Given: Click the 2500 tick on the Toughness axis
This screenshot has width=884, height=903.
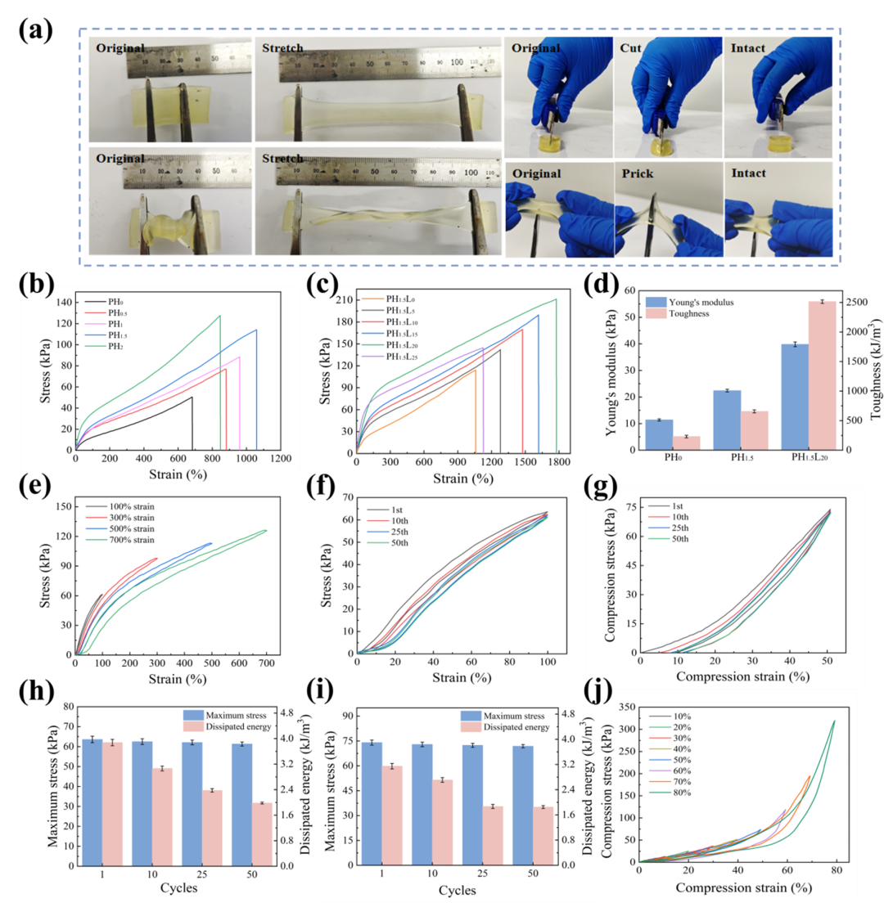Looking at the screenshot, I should coord(859,303).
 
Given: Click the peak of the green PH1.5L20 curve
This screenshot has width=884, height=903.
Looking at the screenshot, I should coord(556,299).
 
